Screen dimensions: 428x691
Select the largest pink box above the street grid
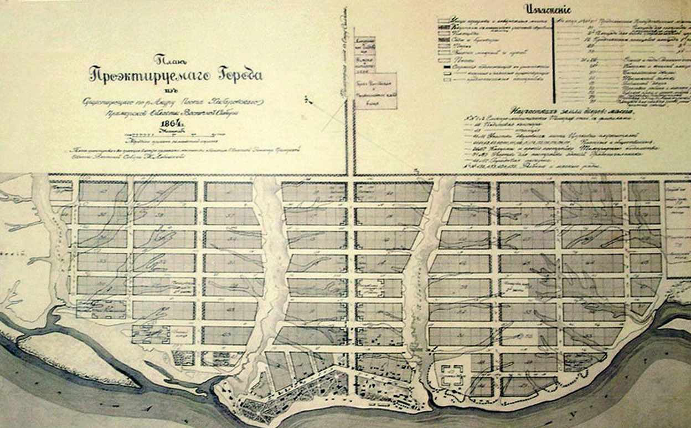click(376, 90)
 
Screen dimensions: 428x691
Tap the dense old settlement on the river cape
click(288, 394)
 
